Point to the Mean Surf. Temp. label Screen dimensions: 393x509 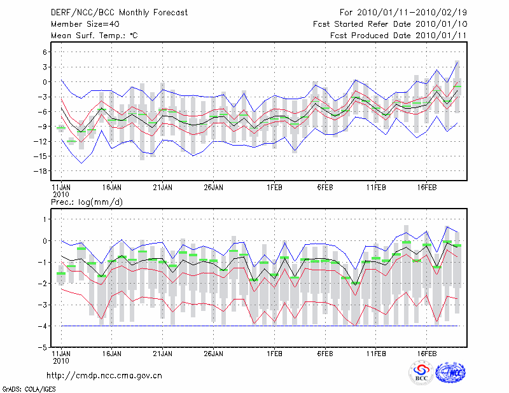[94, 35]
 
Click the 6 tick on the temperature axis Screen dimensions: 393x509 [45, 52]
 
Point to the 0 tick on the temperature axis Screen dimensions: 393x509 [45, 82]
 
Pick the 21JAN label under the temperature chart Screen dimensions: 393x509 [162, 188]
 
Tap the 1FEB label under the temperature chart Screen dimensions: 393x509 [275, 188]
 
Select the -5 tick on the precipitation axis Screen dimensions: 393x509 [42, 348]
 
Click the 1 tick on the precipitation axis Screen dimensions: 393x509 [45, 219]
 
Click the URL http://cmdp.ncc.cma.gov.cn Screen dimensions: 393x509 [105, 375]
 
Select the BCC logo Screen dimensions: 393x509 [421, 372]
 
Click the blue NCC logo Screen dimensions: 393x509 [450, 372]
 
